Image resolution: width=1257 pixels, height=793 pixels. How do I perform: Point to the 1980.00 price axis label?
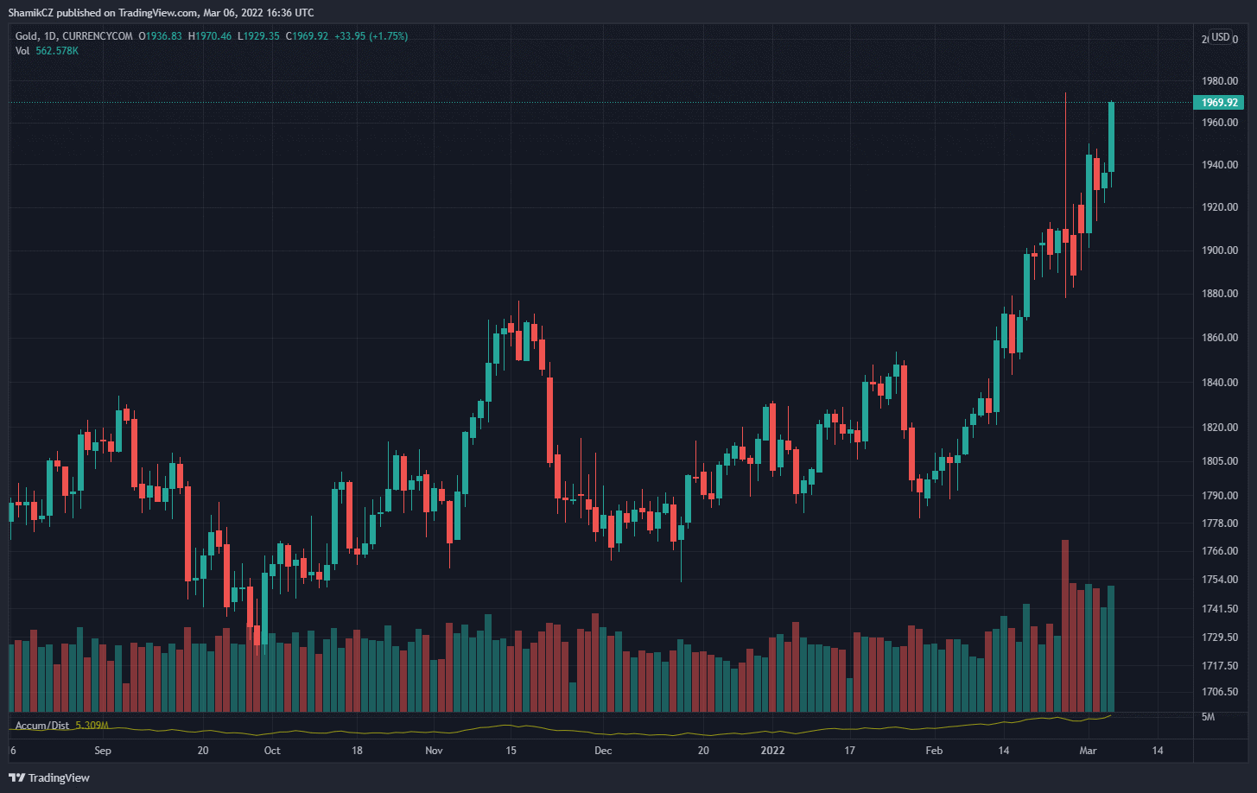click(x=1220, y=81)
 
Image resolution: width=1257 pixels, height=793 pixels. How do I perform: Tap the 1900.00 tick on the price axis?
click(x=1220, y=251)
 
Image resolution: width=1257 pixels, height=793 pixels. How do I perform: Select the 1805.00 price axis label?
click(x=1220, y=461)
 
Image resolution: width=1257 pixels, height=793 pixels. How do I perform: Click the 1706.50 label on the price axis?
click(x=1220, y=692)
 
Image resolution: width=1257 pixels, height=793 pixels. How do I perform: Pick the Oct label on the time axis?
click(x=272, y=751)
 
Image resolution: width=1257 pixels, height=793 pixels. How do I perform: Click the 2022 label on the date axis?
click(x=773, y=751)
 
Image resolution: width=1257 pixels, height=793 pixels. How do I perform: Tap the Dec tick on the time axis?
click(x=603, y=751)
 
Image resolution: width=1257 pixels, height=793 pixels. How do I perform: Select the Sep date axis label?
click(x=103, y=751)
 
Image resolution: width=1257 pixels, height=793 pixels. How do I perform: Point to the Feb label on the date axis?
click(x=934, y=751)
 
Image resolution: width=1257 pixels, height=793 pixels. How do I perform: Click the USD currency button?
click(x=1220, y=36)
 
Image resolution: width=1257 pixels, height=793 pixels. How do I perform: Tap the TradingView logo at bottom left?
click(x=49, y=777)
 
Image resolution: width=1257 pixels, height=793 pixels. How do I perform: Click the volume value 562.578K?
click(x=57, y=51)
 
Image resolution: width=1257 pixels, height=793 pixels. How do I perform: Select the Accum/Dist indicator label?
click(x=41, y=726)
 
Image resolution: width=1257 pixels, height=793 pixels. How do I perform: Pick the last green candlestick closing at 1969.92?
click(x=1111, y=136)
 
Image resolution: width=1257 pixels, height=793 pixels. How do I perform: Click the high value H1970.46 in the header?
click(x=210, y=36)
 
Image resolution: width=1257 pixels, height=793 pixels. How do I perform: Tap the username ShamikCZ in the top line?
click(x=31, y=13)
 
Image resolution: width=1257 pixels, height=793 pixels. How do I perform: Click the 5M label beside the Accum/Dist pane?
click(x=1209, y=717)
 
